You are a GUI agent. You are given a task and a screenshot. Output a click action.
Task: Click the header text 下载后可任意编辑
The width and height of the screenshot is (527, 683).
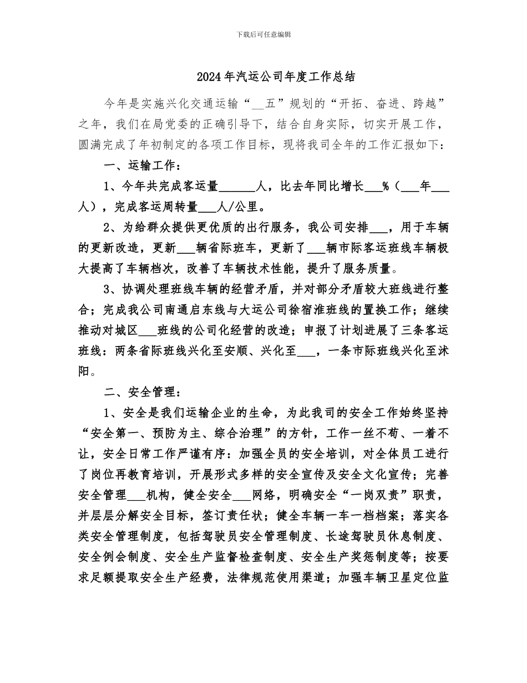point(263,34)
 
